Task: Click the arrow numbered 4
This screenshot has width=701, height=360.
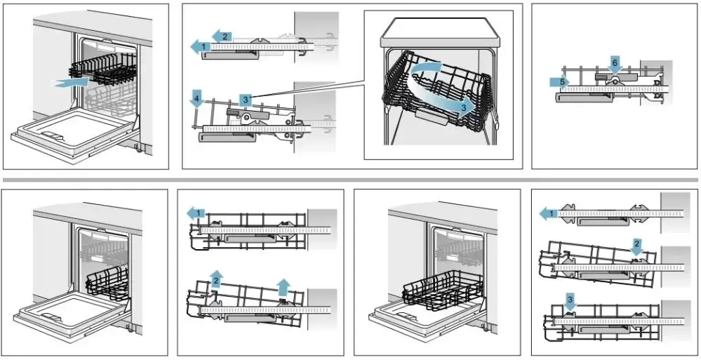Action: pos(197,100)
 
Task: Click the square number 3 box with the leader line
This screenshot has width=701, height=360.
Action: pos(246,100)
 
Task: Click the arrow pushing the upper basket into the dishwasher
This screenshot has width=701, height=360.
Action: pos(73,83)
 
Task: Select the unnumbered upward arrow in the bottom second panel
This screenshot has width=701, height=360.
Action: pos(283,284)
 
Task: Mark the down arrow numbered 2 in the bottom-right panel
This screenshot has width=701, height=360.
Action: pos(636,246)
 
